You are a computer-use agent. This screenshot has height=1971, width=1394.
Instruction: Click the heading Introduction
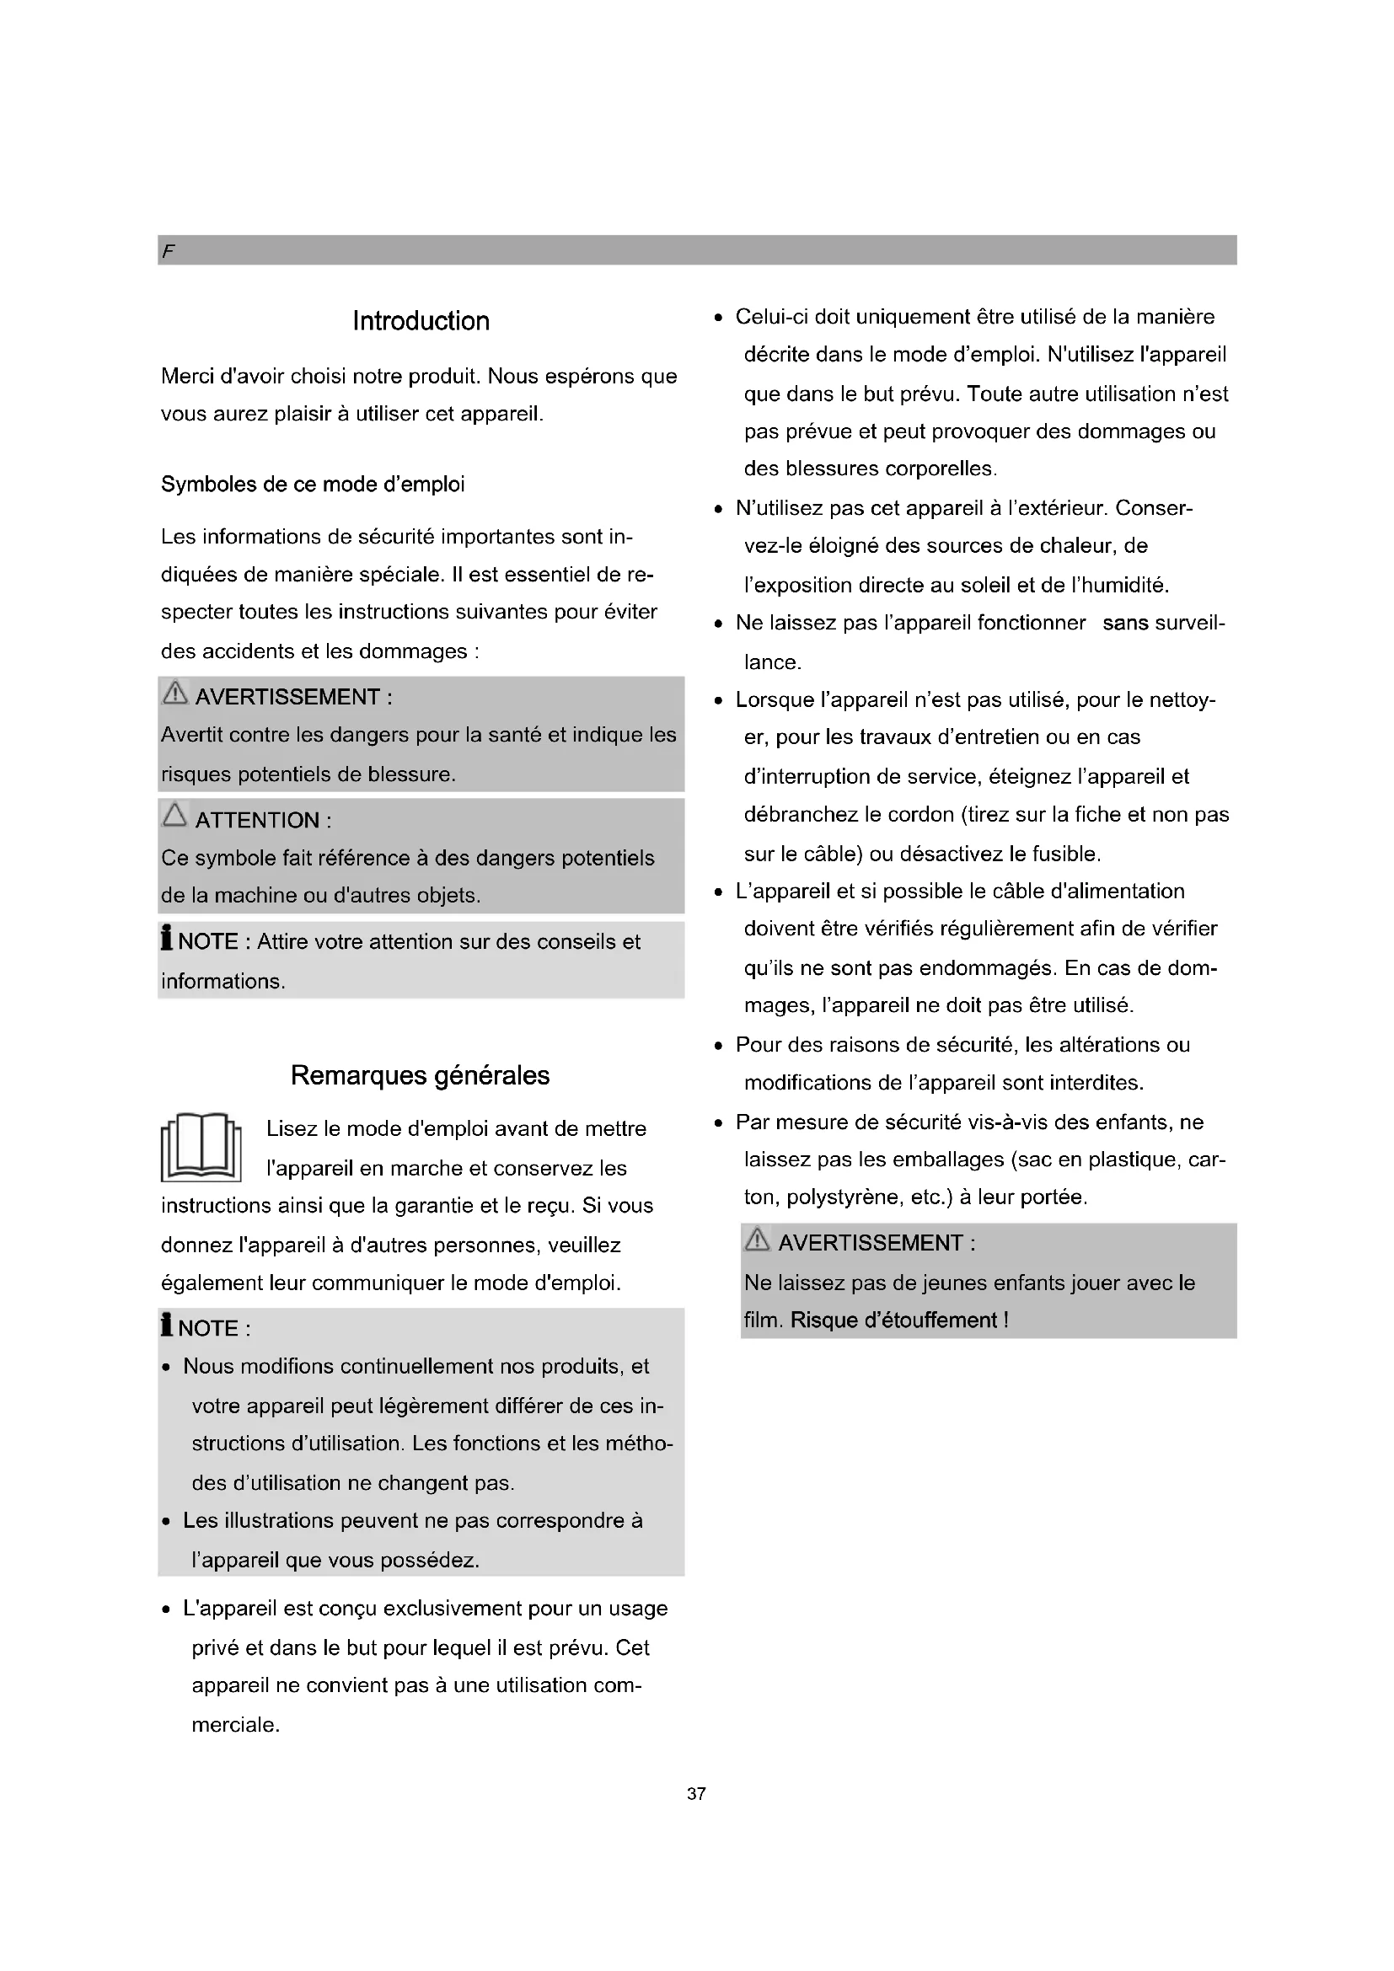[x=421, y=321]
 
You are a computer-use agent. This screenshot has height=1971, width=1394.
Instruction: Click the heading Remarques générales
[x=420, y=1074]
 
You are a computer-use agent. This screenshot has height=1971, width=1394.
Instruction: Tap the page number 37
[x=696, y=1793]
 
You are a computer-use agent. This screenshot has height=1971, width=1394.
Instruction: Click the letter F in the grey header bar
[x=169, y=250]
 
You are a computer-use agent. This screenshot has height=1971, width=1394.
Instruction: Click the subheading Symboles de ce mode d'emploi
[x=313, y=485]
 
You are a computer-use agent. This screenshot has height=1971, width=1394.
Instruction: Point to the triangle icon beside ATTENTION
[x=174, y=815]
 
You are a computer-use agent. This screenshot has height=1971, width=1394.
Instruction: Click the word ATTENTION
[x=257, y=820]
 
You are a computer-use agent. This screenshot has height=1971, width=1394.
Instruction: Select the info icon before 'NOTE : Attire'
[x=167, y=937]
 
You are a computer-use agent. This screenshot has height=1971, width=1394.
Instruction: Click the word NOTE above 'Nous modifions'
[x=207, y=1328]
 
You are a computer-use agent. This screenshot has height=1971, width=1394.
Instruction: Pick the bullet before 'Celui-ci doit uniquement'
[x=718, y=319]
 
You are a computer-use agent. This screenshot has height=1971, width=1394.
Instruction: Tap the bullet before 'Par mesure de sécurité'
[x=718, y=1124]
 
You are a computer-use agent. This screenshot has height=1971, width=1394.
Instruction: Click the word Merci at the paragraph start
[x=189, y=376]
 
